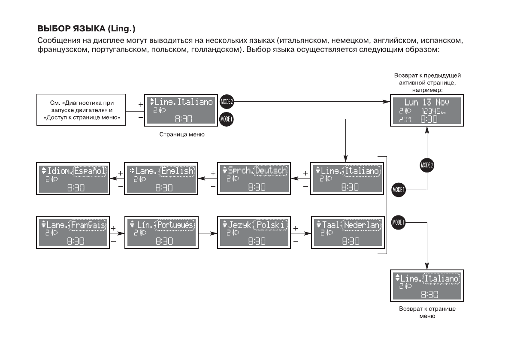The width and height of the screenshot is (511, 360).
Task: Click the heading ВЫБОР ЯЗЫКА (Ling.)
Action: point(87,30)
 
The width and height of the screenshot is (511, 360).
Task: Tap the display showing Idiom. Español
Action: point(72,178)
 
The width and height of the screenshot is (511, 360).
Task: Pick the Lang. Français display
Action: point(72,232)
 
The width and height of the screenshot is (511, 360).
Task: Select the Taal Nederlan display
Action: point(347,232)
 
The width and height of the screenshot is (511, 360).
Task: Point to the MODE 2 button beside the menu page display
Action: point(226,102)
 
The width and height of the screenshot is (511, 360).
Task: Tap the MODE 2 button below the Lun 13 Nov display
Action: point(426,165)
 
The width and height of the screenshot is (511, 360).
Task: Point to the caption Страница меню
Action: point(182,134)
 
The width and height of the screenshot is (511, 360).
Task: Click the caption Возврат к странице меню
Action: point(427,312)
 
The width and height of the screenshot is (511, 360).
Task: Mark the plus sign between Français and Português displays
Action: point(114,228)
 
